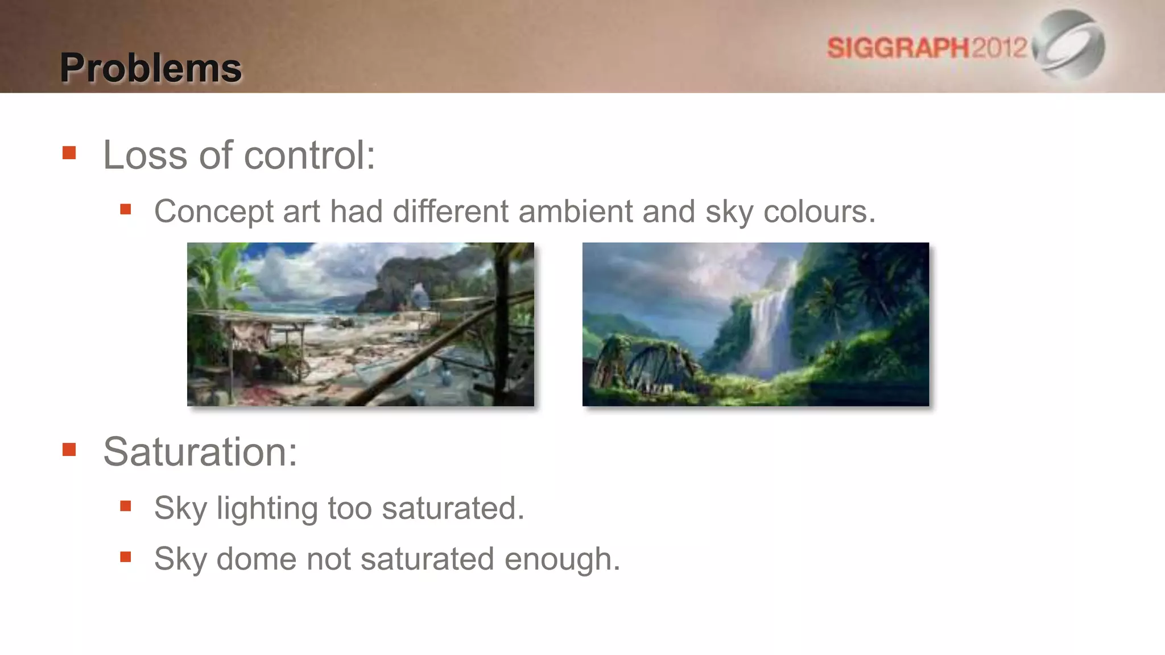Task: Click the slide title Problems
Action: click(x=151, y=68)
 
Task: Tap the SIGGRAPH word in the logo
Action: click(x=898, y=48)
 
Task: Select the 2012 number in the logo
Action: click(x=999, y=47)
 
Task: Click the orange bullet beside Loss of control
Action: click(x=69, y=153)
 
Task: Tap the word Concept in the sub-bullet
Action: click(x=214, y=212)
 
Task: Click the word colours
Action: click(x=819, y=212)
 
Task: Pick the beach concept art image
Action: click(x=360, y=324)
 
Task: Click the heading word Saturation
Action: click(x=200, y=451)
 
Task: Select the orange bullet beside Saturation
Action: click(x=69, y=450)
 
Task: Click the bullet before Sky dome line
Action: click(x=126, y=557)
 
